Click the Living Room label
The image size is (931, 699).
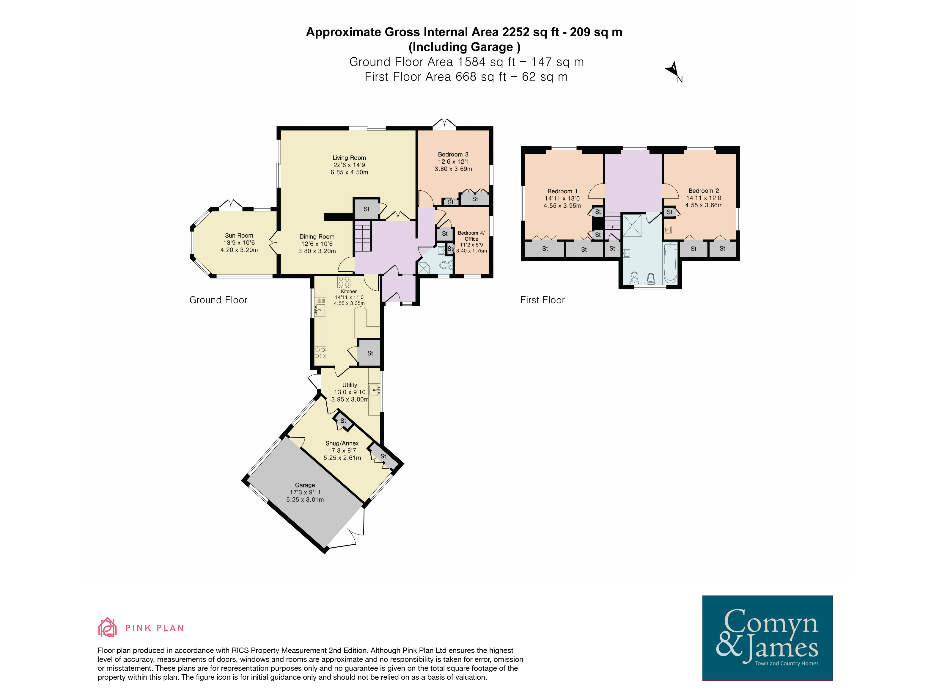(x=349, y=158)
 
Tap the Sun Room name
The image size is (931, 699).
(x=239, y=236)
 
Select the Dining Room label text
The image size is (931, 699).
(x=317, y=237)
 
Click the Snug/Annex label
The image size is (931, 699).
(x=342, y=443)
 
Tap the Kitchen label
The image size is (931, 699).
(x=349, y=291)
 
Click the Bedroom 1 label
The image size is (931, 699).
(x=562, y=191)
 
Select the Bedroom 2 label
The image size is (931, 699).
(x=704, y=191)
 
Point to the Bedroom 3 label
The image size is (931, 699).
(x=453, y=155)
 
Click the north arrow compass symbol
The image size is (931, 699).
(x=673, y=71)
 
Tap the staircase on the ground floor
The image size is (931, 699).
(x=363, y=237)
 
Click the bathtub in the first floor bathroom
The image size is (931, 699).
(x=670, y=263)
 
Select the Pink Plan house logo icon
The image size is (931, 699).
(x=107, y=627)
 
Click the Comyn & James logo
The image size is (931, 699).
(x=767, y=637)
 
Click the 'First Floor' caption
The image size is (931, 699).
(x=542, y=300)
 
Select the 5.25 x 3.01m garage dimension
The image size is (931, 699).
(x=305, y=500)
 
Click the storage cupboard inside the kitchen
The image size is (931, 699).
(x=369, y=352)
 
